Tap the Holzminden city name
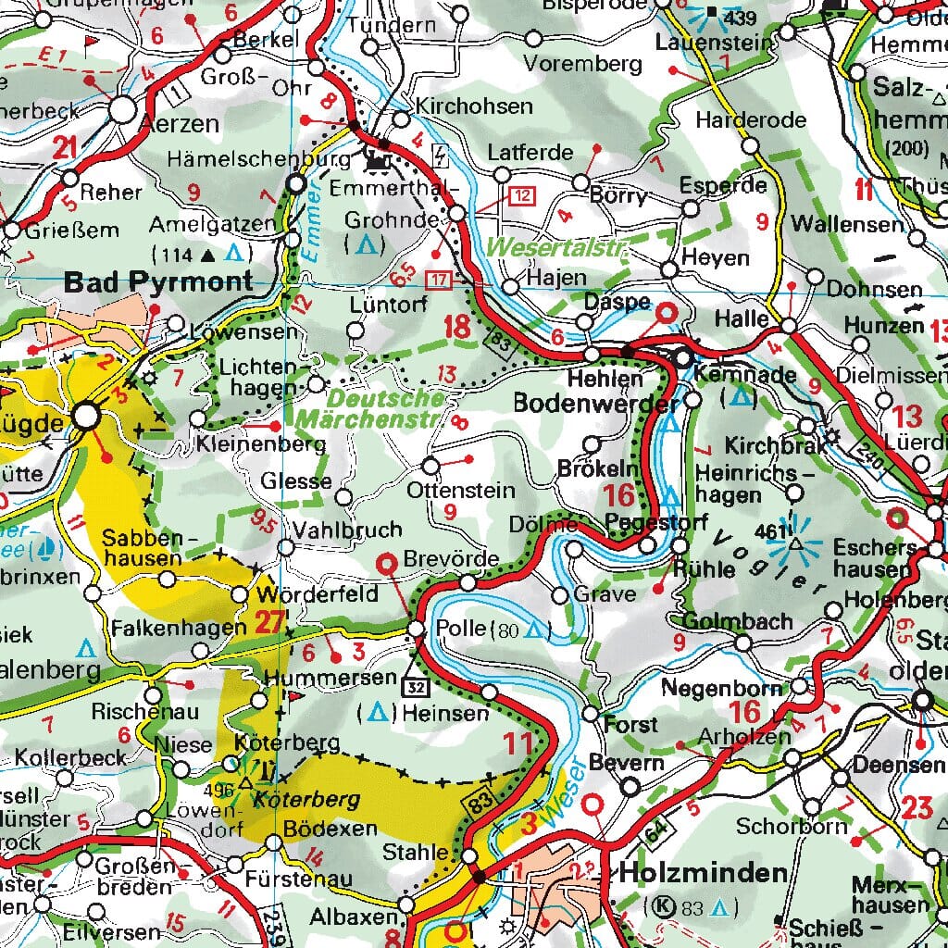[704, 872]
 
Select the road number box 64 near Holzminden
[655, 832]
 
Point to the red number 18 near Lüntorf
[456, 326]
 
